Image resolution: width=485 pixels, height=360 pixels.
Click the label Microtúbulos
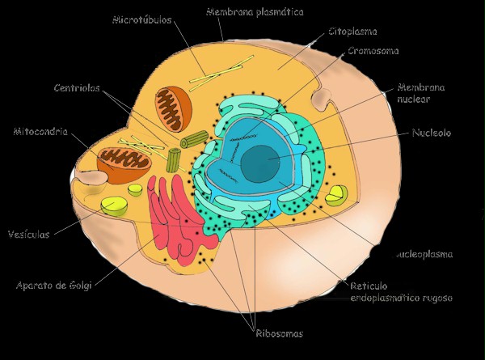tap(141, 19)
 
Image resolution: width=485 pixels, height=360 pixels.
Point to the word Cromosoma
tap(373, 51)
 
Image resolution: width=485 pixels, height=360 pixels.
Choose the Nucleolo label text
tap(431, 133)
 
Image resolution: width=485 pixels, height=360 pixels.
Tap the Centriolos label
tap(78, 89)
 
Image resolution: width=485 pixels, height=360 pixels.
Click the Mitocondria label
tap(40, 130)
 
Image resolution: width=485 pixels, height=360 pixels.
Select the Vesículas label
tap(28, 235)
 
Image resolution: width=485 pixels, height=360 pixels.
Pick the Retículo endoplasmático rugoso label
tap(401, 292)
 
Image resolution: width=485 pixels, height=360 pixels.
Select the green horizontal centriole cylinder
tap(193, 140)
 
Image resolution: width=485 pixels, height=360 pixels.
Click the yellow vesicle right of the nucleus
tap(335, 194)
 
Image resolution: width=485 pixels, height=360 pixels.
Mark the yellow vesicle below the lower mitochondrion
tap(114, 205)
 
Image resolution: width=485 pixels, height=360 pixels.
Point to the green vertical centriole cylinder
tap(173, 159)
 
